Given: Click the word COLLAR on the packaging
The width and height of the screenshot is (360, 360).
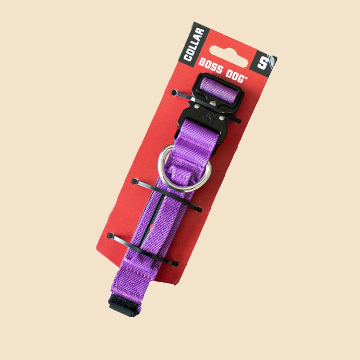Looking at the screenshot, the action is pos(194,45).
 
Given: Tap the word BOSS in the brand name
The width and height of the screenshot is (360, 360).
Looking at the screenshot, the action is pos(211,66).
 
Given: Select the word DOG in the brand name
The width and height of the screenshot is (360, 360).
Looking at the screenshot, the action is pos(235,75).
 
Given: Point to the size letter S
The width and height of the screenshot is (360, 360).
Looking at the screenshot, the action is pos(263,63).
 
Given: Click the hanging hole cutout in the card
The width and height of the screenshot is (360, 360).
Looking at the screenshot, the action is pos(228,56).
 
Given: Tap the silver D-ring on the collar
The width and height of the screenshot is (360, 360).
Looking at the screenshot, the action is pos(185,169).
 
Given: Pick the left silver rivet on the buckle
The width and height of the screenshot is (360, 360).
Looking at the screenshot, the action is pos(197,106).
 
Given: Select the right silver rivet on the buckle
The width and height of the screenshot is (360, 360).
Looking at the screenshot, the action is pos(222,118).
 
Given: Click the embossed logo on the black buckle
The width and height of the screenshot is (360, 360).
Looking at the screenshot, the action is pos(208,117).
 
